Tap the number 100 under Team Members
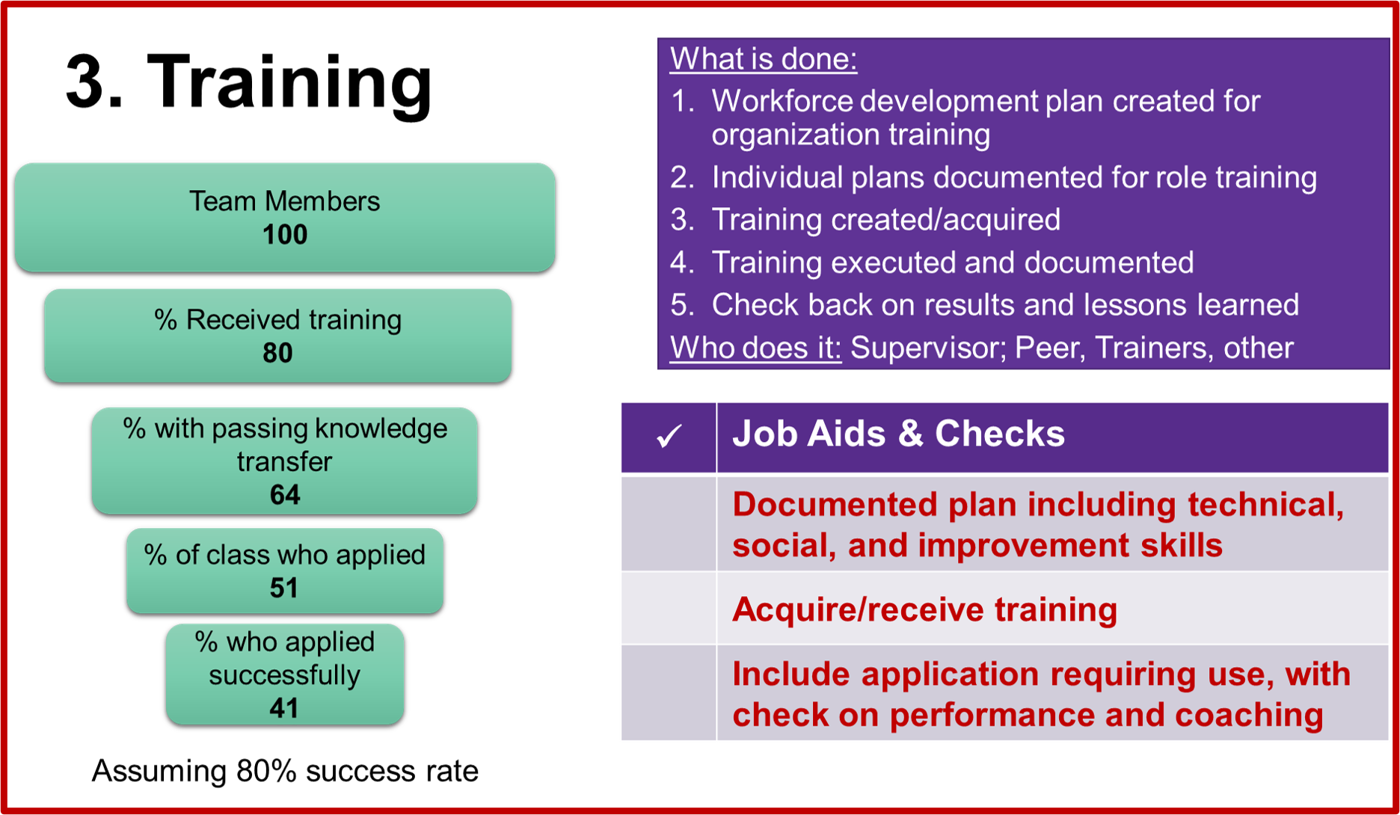(285, 235)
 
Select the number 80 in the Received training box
(277, 353)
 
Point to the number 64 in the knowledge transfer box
(285, 494)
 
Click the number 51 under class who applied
(284, 588)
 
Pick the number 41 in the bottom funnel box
(284, 707)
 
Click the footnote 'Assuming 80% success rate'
(285, 771)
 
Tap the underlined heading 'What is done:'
(764, 58)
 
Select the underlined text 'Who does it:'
(755, 348)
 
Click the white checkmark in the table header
(669, 436)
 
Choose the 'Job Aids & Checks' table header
(898, 434)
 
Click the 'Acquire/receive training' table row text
(924, 609)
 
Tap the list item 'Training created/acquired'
(885, 220)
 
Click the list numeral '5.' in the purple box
(683, 305)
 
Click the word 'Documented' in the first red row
(835, 505)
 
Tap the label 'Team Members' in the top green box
(284, 201)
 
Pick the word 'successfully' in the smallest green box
(284, 676)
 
